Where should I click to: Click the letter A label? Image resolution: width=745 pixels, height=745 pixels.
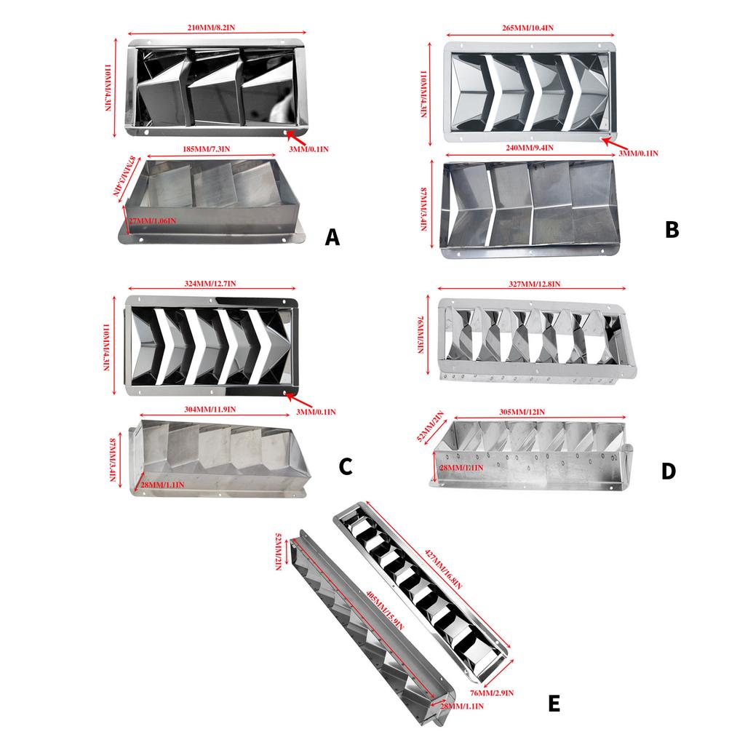pyautogui.click(x=332, y=237)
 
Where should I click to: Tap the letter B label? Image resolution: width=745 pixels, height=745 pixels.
pyautogui.click(x=672, y=230)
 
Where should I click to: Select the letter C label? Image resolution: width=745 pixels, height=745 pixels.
pyautogui.click(x=346, y=466)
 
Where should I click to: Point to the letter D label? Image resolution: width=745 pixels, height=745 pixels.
pyautogui.click(x=668, y=471)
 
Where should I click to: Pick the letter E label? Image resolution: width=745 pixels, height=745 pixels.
pyautogui.click(x=554, y=704)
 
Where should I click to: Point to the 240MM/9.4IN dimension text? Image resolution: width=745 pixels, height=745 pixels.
pyautogui.click(x=527, y=148)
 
